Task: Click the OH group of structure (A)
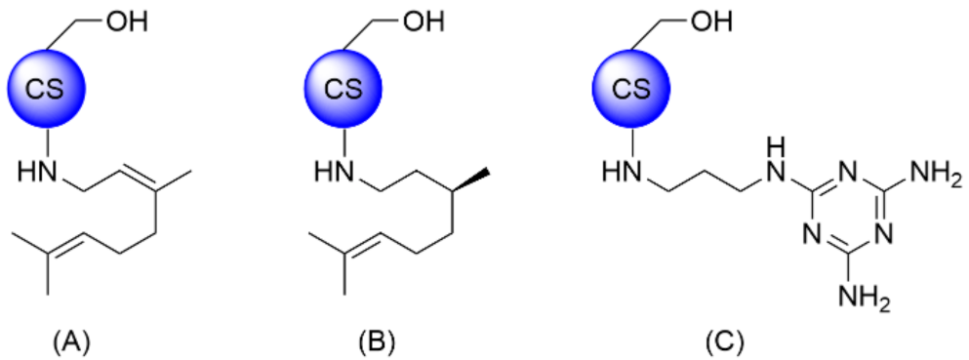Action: pyautogui.click(x=124, y=20)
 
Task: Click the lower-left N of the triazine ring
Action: pyautogui.click(x=809, y=235)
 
